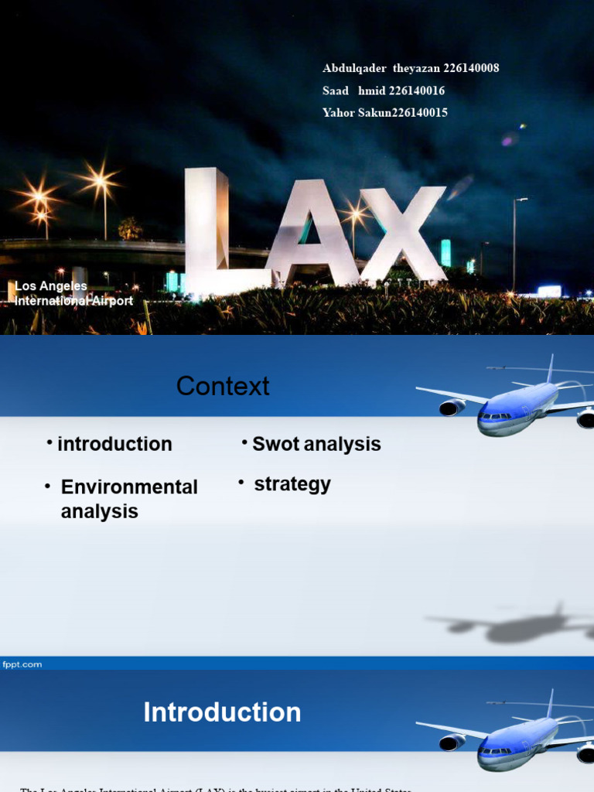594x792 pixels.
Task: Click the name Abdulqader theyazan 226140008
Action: [410, 68]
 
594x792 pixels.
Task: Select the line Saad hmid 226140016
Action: [383, 90]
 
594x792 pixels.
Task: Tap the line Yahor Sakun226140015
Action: [384, 113]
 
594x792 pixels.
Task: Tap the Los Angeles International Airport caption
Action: [74, 294]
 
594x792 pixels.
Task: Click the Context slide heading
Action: [223, 386]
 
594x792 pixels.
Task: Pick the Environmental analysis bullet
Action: [128, 499]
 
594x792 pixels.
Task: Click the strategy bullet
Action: [292, 485]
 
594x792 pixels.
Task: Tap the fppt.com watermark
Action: [22, 664]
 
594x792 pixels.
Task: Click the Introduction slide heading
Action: [222, 712]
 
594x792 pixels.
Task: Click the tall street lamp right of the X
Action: [515, 240]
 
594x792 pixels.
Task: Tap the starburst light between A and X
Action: [355, 212]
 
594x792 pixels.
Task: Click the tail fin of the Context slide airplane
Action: [550, 368]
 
